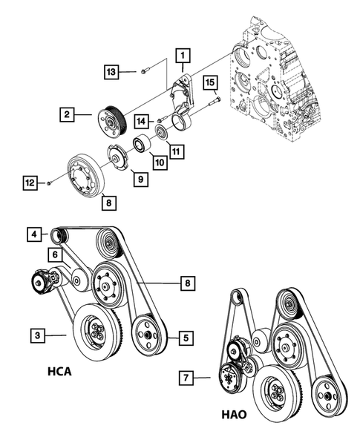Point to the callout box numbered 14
pos(142,119)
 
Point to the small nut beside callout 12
pos(48,182)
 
